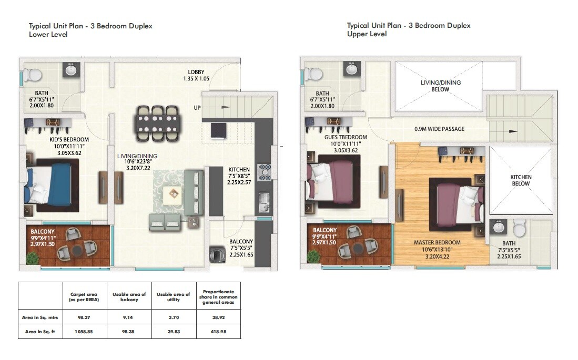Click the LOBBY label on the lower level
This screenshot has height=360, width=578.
coord(196,72)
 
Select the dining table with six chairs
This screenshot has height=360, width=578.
coord(157,124)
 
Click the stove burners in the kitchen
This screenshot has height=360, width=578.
coord(265,172)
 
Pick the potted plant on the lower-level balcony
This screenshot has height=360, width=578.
coord(33,258)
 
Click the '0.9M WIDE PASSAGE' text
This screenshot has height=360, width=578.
coord(439,129)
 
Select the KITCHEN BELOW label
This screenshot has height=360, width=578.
coord(521,180)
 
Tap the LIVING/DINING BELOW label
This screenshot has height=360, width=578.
coord(440,86)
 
